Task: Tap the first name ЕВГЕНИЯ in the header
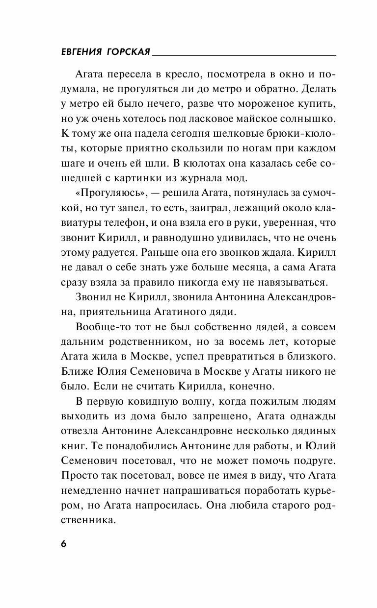pyautogui.click(x=73, y=52)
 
